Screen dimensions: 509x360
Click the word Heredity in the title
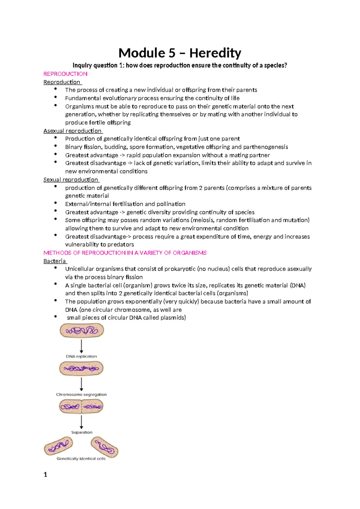(x=215, y=53)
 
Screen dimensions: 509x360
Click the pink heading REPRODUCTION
(x=65, y=74)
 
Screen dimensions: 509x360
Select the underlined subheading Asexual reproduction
(x=73, y=131)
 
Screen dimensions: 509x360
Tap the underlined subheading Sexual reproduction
(x=71, y=179)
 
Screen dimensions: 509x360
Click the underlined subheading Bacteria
(x=55, y=261)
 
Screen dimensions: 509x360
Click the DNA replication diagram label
(x=81, y=357)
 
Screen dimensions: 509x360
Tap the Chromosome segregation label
(x=81, y=394)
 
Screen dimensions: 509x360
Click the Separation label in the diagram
(x=82, y=432)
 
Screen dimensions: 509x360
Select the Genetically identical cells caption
(x=81, y=459)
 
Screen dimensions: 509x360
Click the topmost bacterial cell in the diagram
(x=82, y=330)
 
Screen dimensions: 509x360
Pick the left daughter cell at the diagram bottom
(x=59, y=446)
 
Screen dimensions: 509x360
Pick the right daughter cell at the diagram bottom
(x=104, y=447)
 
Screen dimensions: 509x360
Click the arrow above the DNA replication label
(x=81, y=346)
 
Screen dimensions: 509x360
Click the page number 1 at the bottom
(x=46, y=474)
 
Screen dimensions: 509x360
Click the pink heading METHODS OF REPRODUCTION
(x=125, y=253)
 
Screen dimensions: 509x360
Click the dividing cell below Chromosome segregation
(x=81, y=407)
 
